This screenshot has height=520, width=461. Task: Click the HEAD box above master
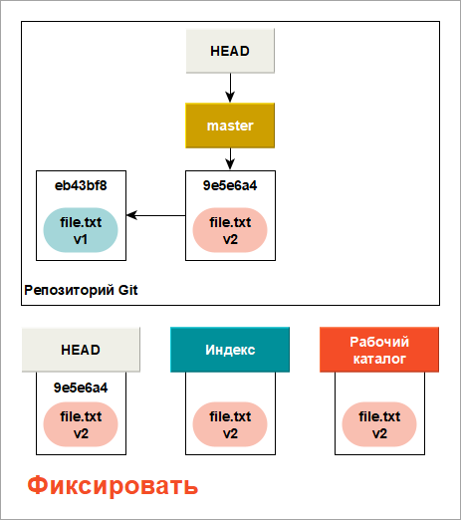[x=230, y=51]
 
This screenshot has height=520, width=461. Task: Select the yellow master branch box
[x=230, y=126]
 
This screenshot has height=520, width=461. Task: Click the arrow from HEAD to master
[x=230, y=88]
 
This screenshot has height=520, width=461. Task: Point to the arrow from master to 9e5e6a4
[x=230, y=159]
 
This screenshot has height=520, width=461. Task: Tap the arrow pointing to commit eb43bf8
[x=156, y=215]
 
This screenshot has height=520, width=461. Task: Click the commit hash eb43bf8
[x=81, y=185]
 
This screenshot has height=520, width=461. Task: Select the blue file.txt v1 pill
[x=81, y=230]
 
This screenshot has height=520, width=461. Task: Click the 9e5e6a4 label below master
[x=230, y=185]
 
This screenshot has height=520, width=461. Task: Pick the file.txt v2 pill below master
[x=230, y=230]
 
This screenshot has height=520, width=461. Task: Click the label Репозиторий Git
[x=81, y=290]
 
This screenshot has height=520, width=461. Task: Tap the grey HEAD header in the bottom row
[x=81, y=350]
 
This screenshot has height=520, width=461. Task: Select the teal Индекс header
[x=230, y=350]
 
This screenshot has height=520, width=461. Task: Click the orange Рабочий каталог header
[x=379, y=350]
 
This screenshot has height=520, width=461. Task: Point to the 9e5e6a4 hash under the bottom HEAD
[x=81, y=388]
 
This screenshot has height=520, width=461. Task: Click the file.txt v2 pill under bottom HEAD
[x=81, y=424]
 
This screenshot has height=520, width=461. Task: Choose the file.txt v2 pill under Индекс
[x=230, y=424]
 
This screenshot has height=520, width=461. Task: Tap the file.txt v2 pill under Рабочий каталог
[x=379, y=424]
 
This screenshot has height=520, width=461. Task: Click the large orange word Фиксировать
[x=113, y=485]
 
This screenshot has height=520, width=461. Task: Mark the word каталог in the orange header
[x=379, y=359]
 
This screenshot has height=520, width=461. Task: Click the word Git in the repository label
[x=127, y=290]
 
